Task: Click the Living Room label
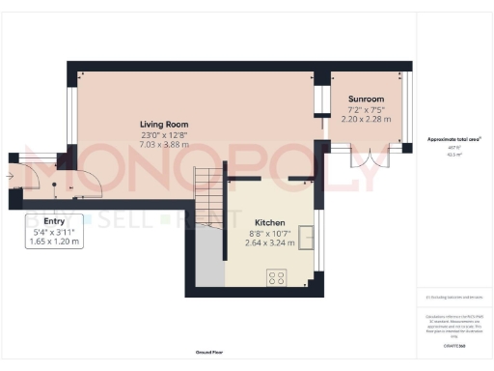pyautogui.click(x=163, y=125)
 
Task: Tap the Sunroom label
pyautogui.click(x=367, y=99)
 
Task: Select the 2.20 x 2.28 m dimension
pyautogui.click(x=367, y=119)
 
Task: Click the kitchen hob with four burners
pyautogui.click(x=276, y=277)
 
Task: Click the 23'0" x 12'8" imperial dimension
pyautogui.click(x=163, y=135)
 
